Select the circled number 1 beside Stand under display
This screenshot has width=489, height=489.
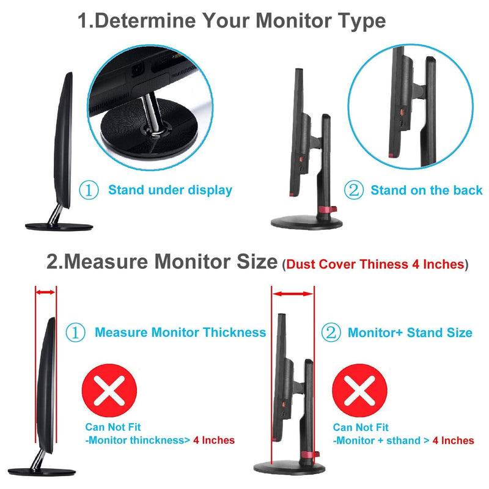point(89,190)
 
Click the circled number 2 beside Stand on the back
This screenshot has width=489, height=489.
point(354,189)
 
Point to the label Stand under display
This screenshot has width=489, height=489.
point(170,190)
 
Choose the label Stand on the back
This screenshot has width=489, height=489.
point(426,190)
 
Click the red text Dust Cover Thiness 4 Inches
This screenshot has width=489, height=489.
point(375,264)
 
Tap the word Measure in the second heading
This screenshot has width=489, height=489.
point(106,262)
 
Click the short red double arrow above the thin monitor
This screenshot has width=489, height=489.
point(45,292)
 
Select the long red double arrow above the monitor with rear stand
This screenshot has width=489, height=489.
point(293,294)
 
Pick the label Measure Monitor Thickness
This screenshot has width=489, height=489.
point(180,333)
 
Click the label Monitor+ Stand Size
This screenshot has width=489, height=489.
point(410,333)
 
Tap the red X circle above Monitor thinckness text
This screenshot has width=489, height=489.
point(109,390)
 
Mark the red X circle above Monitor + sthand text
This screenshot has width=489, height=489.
point(359,390)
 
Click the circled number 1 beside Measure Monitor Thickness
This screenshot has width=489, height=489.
point(75,333)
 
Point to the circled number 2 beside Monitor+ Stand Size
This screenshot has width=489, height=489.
point(331,333)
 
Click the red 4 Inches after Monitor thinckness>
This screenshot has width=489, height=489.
point(214,440)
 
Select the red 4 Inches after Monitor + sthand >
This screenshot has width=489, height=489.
point(453,440)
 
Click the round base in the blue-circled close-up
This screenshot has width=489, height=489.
point(149,131)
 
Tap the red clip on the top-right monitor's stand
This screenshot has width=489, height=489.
point(327,209)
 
